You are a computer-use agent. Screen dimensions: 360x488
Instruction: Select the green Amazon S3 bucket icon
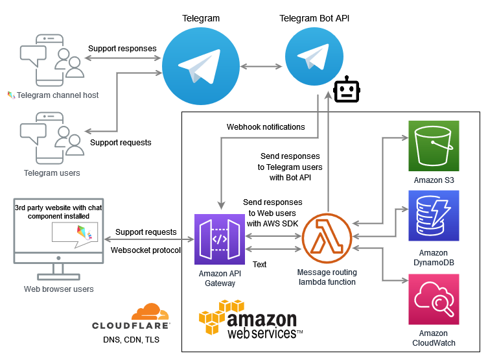[434, 146]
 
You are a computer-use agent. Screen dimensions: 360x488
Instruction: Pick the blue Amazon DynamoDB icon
[434, 216]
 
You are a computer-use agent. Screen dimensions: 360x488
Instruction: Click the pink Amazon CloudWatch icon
[434, 299]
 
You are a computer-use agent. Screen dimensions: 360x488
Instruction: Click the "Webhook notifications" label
[266, 127]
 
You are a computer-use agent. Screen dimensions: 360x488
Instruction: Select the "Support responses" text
[122, 49]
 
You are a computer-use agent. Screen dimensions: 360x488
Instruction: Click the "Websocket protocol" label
[146, 250]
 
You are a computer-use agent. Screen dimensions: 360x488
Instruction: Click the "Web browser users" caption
[58, 289]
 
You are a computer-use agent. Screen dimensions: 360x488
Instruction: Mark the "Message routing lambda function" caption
[326, 277]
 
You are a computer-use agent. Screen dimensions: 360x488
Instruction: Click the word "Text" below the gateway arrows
[259, 265]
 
